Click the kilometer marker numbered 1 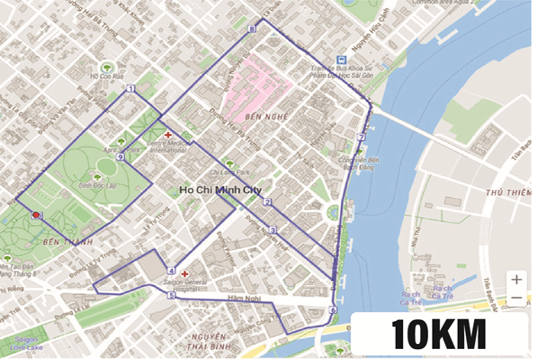click(131, 89)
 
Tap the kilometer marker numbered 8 click(252, 29)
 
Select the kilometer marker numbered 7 click(361, 137)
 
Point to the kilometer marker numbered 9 click(120, 157)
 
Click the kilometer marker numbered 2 click(268, 202)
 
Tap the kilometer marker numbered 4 click(171, 271)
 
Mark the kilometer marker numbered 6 click(333, 310)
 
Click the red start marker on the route click(36, 215)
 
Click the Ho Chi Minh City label click(221, 191)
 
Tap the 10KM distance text click(438, 334)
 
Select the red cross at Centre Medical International click(167, 136)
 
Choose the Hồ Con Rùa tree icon click(107, 67)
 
